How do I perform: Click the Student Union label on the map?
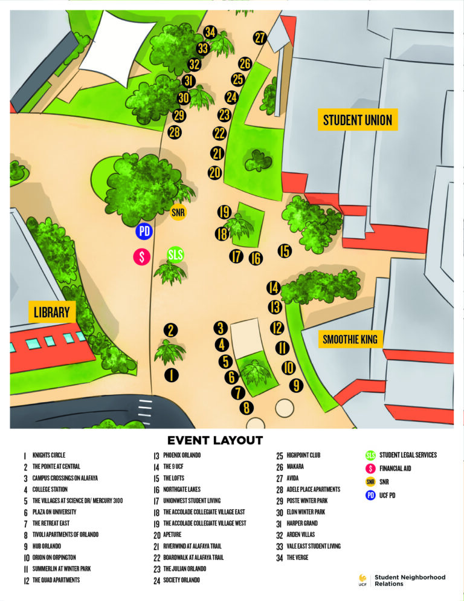point(357,120)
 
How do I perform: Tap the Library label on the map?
point(51,313)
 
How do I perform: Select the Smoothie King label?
point(350,339)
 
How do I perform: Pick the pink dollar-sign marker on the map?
point(141,256)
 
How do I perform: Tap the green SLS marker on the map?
point(175,255)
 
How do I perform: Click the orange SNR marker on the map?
point(178,212)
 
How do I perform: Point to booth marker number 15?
point(285,250)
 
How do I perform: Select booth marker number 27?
point(260,38)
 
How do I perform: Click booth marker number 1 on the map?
point(172,375)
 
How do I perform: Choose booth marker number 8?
point(246,408)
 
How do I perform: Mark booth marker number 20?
point(214,172)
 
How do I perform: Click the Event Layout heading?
point(214,440)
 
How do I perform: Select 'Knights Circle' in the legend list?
point(49,455)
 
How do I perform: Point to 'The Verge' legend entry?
point(297,557)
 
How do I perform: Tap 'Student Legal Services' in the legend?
point(408,455)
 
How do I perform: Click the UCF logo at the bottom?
point(362,580)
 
